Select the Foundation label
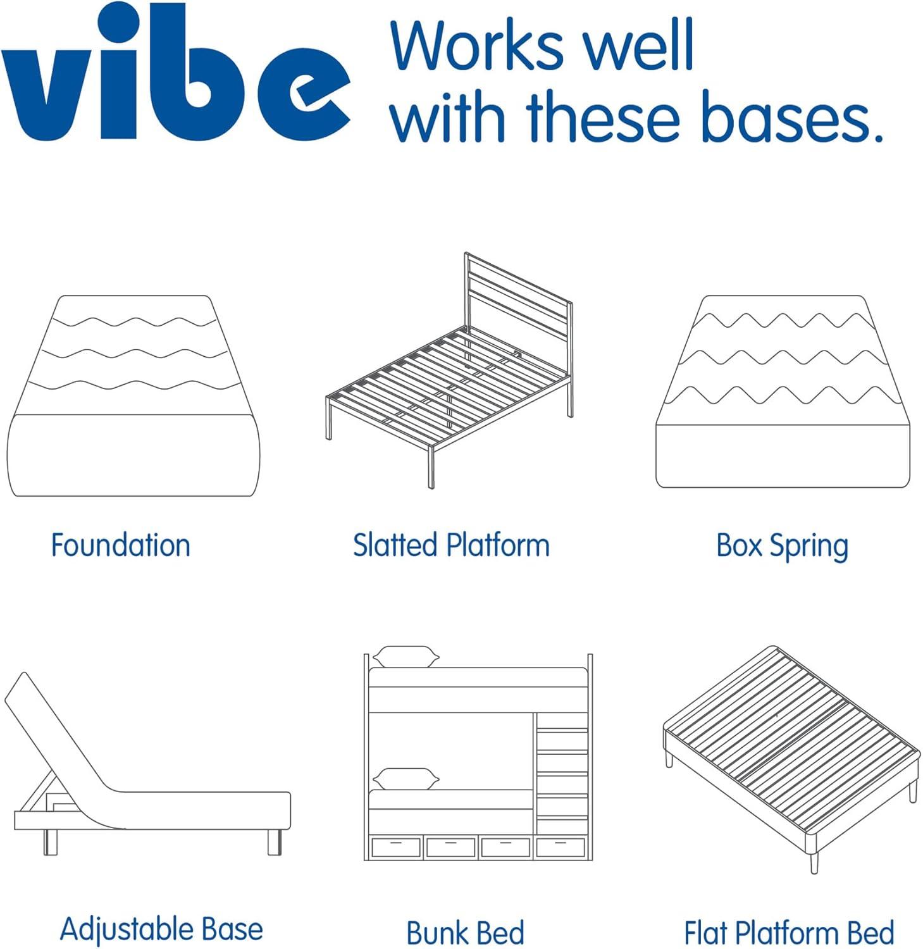click(120, 545)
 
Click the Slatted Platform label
click(451, 545)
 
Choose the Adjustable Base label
click(161, 929)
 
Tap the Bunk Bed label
click(466, 933)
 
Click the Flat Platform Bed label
click(789, 933)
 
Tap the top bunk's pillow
click(406, 657)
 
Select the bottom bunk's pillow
click(406, 779)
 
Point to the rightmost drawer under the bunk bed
click(561, 847)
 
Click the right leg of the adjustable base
click(274, 842)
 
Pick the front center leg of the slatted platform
click(431, 467)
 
